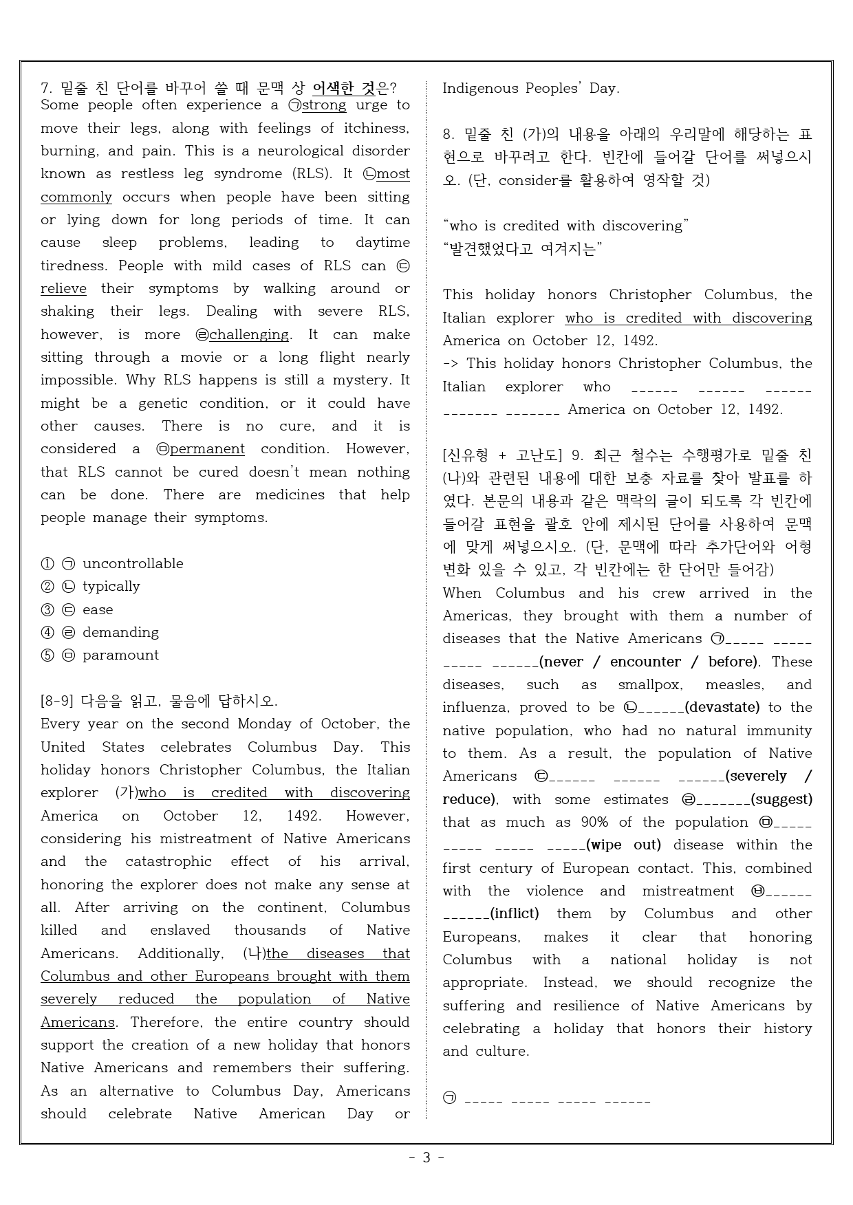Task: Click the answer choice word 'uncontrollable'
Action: pos(133,563)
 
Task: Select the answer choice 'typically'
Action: pos(111,586)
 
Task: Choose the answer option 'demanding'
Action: pos(120,632)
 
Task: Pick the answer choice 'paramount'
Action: pos(120,655)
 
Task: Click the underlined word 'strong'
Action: pos(324,105)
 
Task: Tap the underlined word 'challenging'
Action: pos(249,334)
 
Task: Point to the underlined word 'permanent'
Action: pos(207,449)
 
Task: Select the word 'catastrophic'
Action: pos(169,862)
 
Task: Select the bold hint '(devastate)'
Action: pos(722,707)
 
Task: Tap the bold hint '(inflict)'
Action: pos(514,913)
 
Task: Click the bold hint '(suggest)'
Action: pos(781,799)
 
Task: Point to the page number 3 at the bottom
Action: pos(426,1157)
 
